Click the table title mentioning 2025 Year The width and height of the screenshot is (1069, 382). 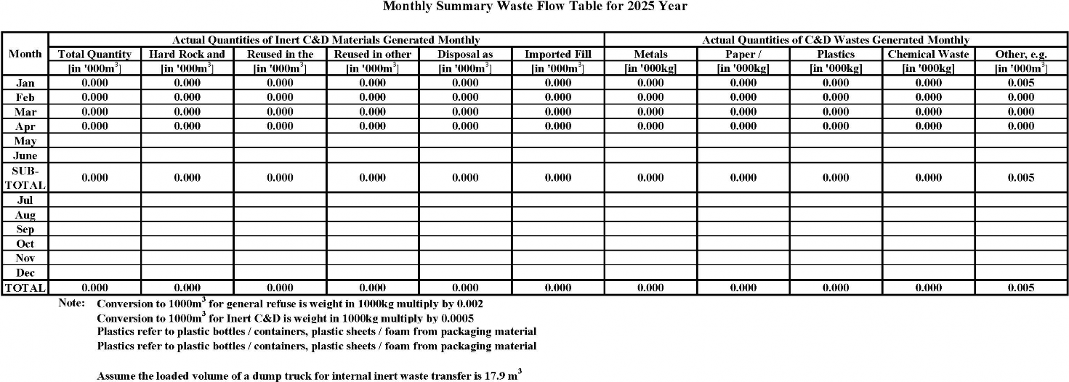[534, 7]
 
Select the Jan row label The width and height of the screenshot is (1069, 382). [25, 83]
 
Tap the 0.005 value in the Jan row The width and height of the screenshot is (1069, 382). [1021, 83]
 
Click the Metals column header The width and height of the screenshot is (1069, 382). [650, 54]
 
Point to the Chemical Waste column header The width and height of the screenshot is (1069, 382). [928, 54]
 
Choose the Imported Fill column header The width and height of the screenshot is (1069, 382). [557, 54]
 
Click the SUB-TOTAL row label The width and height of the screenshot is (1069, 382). [25, 178]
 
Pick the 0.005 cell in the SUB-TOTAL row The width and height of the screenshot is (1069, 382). [1021, 178]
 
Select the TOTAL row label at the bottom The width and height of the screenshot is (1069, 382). [25, 288]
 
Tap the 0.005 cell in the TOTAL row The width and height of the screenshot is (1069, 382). [1021, 288]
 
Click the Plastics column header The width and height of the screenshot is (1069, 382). [836, 54]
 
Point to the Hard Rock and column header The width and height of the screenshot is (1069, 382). [187, 54]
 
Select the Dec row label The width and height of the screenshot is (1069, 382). [25, 273]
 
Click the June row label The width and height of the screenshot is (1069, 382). [25, 155]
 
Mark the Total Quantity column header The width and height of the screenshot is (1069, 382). [94, 54]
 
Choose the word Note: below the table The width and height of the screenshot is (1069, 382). [72, 303]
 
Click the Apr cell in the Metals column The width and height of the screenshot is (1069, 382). [650, 126]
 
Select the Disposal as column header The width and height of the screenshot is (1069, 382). [465, 54]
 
